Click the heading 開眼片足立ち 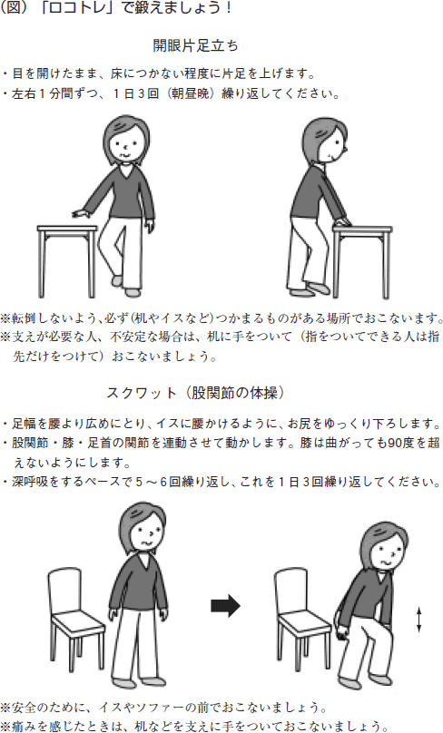pos(195,45)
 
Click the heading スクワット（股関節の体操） pos(195,393)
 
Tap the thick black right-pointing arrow pos(225,606)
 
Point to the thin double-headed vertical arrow pos(418,620)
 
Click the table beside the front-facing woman pos(66,260)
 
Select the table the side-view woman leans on pos(362,261)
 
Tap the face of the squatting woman pos(386,553)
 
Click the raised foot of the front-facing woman pos(117,281)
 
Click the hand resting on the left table pos(81,213)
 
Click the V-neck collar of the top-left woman pos(125,171)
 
